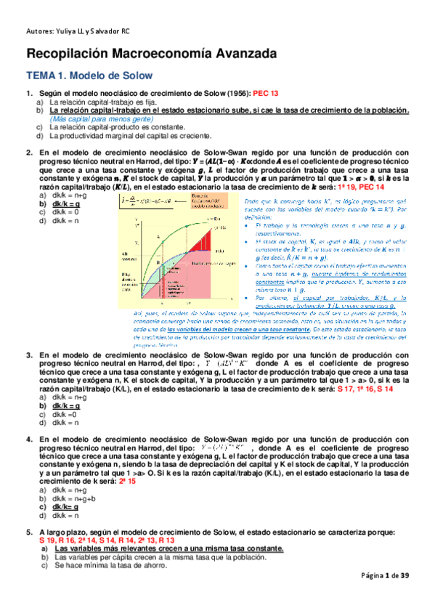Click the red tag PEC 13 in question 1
click(265, 94)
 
